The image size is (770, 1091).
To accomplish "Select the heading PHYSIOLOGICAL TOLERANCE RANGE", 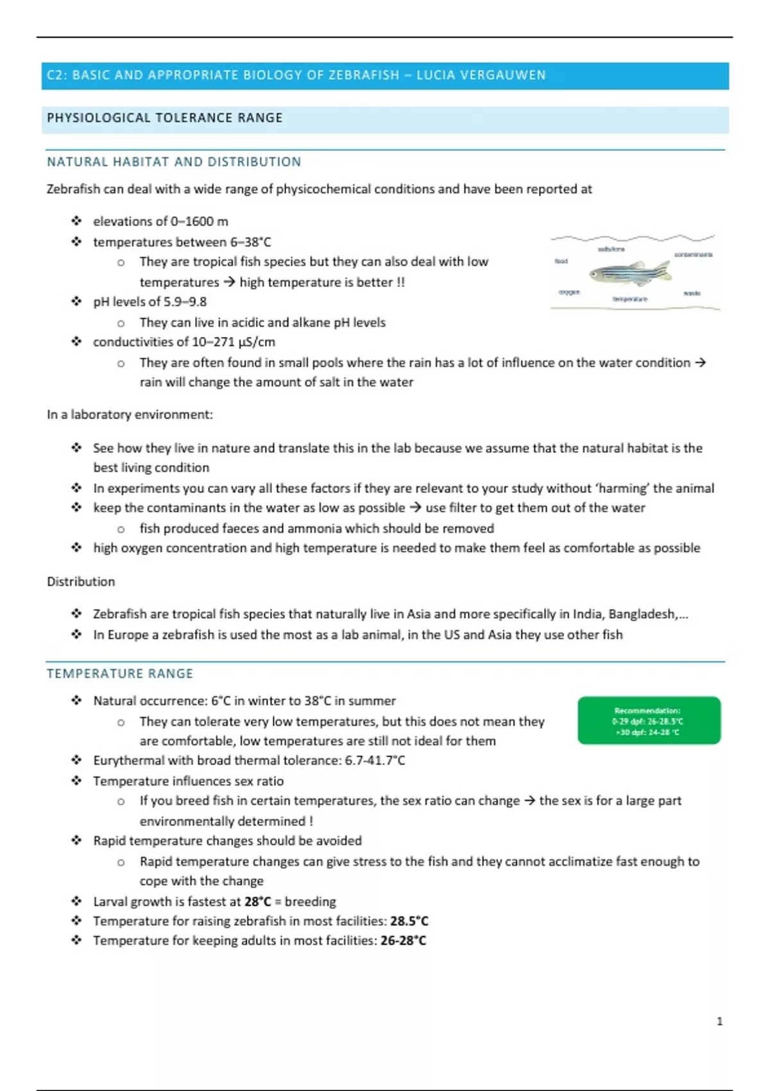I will click(x=164, y=118).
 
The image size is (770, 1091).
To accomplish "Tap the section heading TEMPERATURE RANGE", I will click(x=119, y=674).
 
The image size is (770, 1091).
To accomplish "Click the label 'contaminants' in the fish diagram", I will click(x=693, y=255).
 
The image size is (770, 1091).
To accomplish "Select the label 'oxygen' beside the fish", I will click(x=569, y=292).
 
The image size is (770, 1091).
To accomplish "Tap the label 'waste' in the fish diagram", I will click(x=692, y=293).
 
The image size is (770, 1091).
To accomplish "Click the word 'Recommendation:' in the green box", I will click(x=647, y=710).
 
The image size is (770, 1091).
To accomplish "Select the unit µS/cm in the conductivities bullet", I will click(x=257, y=342).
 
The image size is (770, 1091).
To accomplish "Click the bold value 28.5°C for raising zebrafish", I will click(x=409, y=921).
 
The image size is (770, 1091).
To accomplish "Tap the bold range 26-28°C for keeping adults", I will click(x=403, y=941).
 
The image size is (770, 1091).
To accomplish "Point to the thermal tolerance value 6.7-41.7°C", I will click(x=375, y=760).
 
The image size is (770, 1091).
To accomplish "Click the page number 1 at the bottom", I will click(x=719, y=1021).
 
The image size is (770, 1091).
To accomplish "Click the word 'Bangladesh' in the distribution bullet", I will click(x=642, y=614).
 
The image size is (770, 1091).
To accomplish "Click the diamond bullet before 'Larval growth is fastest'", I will click(x=76, y=901).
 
